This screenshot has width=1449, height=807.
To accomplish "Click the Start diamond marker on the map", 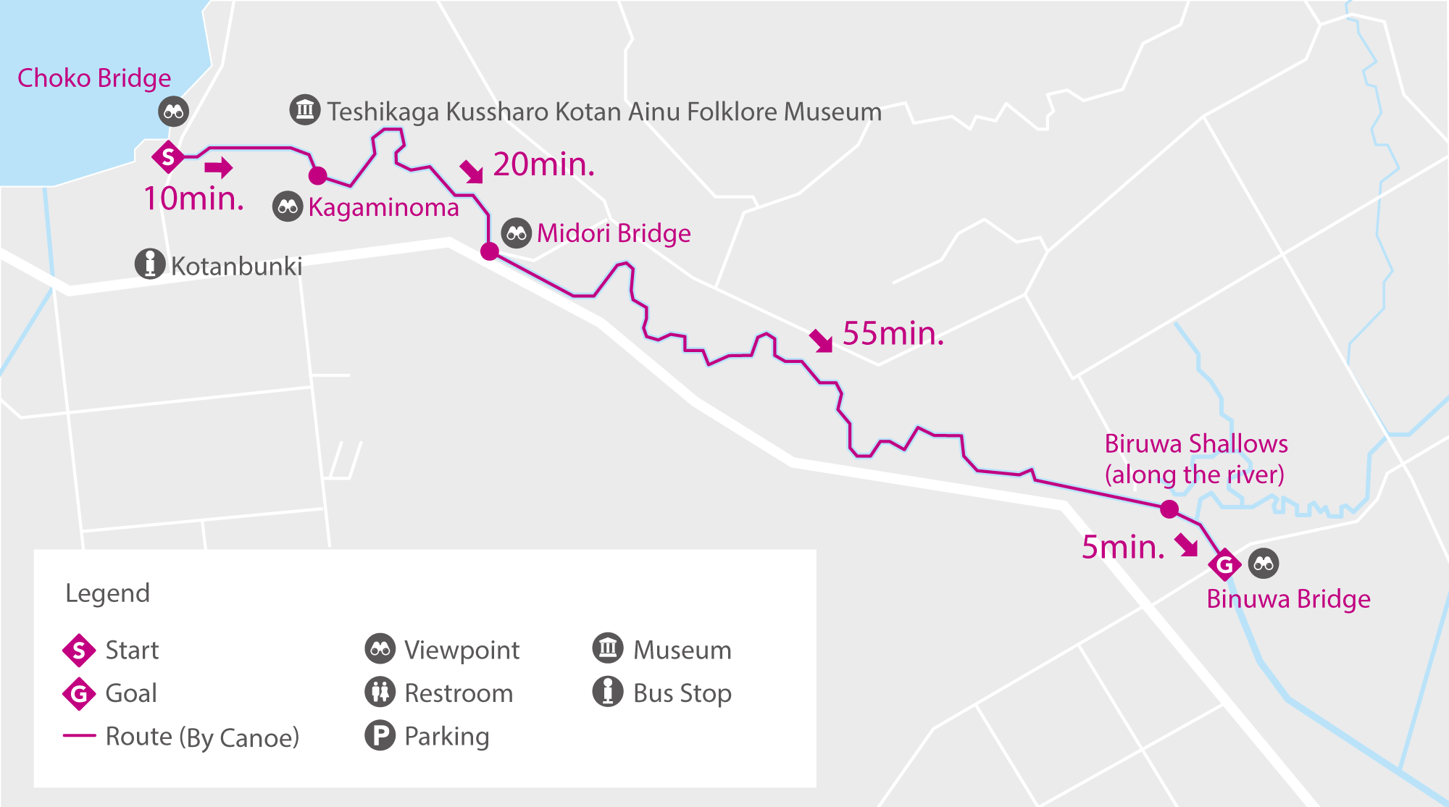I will (x=168, y=156).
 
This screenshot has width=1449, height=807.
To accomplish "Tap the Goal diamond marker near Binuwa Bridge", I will (x=1224, y=564).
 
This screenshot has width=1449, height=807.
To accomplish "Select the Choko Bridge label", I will (x=94, y=78).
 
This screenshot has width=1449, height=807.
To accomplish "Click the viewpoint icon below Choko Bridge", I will (x=174, y=112).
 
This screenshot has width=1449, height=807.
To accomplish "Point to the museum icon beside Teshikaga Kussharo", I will (x=305, y=109).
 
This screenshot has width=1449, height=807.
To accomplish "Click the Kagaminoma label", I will (x=383, y=208).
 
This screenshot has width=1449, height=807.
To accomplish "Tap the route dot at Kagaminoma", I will (x=317, y=175).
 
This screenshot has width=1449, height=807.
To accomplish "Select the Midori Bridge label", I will (x=614, y=233).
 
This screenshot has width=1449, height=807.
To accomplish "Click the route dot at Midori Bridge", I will (x=490, y=251).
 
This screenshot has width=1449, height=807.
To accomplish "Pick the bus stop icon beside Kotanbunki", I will (x=150, y=264).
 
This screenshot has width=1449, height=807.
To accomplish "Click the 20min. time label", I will (x=544, y=165).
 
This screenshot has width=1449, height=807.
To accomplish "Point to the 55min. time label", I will (x=893, y=334).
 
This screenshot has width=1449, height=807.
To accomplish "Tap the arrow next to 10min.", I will (x=218, y=168).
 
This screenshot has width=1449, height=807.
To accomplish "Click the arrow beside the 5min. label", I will (x=1186, y=544).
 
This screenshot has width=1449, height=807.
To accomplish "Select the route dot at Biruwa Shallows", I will (x=1169, y=509).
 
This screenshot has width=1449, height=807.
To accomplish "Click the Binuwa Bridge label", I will (x=1288, y=600).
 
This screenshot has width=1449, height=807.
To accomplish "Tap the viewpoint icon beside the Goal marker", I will (x=1264, y=564).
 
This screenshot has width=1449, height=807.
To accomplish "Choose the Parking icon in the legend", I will (x=380, y=735).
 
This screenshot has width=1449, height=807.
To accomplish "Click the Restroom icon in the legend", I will (x=380, y=692).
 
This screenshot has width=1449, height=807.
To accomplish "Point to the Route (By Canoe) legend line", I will (x=80, y=735).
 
